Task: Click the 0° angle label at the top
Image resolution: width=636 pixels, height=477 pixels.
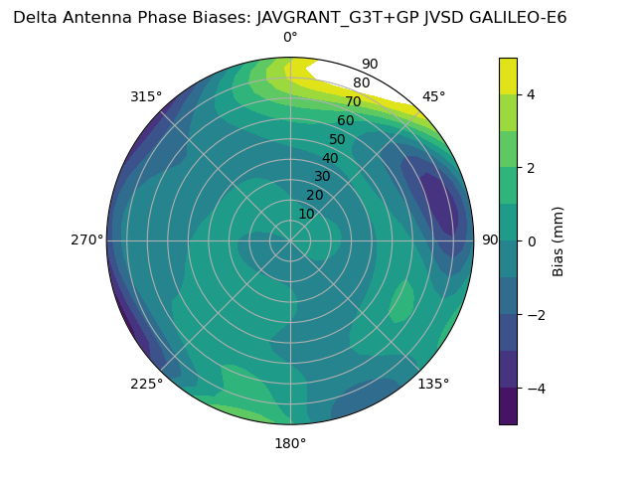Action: [290, 38]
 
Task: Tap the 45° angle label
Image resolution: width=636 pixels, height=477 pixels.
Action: [433, 96]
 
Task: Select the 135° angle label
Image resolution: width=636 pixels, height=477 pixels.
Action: [433, 384]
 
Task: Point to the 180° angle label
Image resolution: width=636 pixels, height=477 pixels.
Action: [290, 443]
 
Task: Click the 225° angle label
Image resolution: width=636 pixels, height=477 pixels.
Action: [146, 384]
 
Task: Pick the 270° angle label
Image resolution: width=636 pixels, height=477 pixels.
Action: [86, 239]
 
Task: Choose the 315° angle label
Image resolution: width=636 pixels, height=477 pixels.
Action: [146, 96]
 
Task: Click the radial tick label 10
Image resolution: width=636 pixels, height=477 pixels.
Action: [306, 214]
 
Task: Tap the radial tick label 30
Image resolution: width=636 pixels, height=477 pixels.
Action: [322, 177]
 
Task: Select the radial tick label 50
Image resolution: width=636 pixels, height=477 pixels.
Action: [338, 139]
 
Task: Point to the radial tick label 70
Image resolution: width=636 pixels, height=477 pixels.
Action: [353, 101]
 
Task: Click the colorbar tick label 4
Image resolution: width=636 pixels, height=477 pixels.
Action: [532, 94]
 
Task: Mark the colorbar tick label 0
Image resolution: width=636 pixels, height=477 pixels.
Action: [532, 240]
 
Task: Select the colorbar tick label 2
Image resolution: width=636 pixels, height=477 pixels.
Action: [532, 168]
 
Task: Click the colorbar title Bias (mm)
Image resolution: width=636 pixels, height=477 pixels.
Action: [558, 240]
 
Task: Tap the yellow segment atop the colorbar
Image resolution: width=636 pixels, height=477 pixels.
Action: [508, 76]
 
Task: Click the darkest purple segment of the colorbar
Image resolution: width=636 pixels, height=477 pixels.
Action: [508, 405]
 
